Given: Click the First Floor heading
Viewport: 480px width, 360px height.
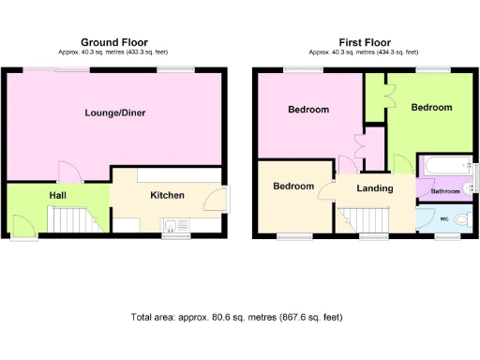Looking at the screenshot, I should tap(364, 42).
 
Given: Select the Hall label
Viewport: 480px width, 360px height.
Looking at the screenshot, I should tap(57, 195).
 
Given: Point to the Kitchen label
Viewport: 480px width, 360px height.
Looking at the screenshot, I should tap(167, 195).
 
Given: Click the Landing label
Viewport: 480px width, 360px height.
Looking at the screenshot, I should tap(374, 187).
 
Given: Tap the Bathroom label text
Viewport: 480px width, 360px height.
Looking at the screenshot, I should tap(445, 191).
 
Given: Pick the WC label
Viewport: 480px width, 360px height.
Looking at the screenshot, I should tap(444, 219).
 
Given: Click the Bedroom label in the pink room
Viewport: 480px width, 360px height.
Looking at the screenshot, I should tap(307, 110).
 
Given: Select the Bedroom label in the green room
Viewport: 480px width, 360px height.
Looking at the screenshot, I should tap(431, 108).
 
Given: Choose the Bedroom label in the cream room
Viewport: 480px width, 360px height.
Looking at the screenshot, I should tap(292, 186).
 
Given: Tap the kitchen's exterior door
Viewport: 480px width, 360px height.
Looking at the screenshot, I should tap(217, 199).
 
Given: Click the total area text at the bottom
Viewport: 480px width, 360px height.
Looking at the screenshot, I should tap(244, 318).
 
